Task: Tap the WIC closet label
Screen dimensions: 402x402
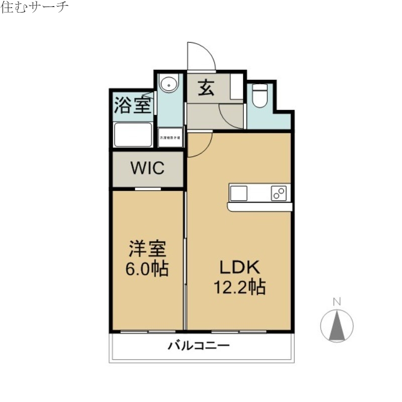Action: (x=148, y=168)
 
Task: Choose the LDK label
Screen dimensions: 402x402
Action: (x=239, y=266)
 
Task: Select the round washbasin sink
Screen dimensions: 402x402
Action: (x=169, y=84)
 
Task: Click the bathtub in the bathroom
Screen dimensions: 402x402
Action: (x=133, y=134)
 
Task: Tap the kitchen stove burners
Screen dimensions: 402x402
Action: (x=279, y=193)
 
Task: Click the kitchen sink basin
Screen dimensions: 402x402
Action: (x=239, y=193)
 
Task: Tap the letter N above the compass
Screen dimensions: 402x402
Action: (x=337, y=302)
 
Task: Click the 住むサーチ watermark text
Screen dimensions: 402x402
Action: (x=35, y=8)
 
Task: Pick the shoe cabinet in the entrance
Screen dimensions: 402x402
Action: (x=237, y=88)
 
